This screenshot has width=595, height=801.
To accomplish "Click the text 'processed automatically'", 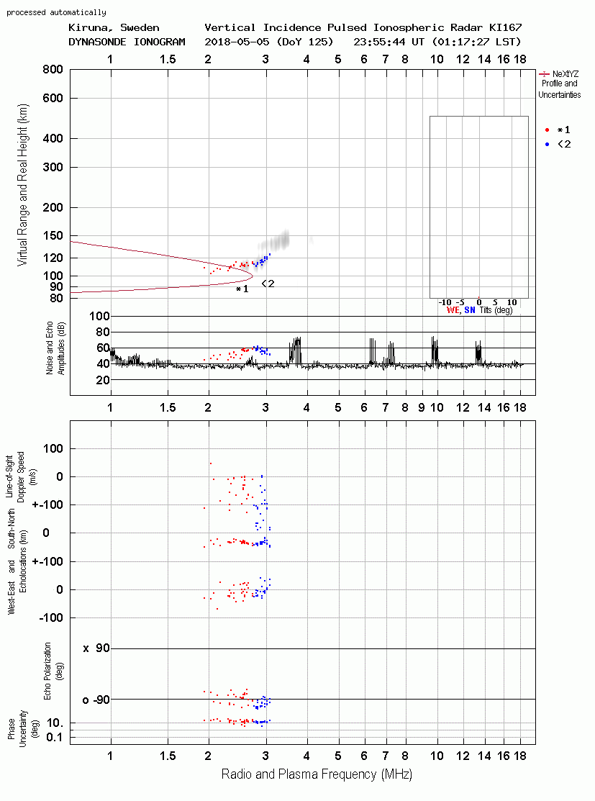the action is click(x=56, y=12).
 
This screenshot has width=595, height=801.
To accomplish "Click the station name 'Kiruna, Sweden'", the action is click(x=114, y=27).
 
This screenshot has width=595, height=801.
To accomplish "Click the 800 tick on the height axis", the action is click(x=53, y=69).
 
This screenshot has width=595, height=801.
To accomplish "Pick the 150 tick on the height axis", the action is click(x=53, y=235).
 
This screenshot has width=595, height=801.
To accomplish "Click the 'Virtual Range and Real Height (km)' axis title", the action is click(x=22, y=185).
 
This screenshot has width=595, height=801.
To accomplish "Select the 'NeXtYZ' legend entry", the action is click(x=566, y=74).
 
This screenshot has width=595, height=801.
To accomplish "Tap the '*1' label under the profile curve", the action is click(x=242, y=289).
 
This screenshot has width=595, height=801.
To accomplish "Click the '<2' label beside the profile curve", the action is click(x=268, y=284).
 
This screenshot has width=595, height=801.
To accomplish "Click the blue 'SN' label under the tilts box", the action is click(x=470, y=310).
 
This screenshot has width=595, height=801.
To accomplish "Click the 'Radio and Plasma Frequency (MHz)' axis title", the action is click(x=317, y=774).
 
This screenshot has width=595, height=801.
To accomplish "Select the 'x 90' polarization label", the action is click(x=96, y=648).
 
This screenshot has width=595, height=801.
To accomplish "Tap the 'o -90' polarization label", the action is click(x=96, y=700).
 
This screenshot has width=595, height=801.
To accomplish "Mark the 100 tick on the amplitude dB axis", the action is click(x=99, y=316).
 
